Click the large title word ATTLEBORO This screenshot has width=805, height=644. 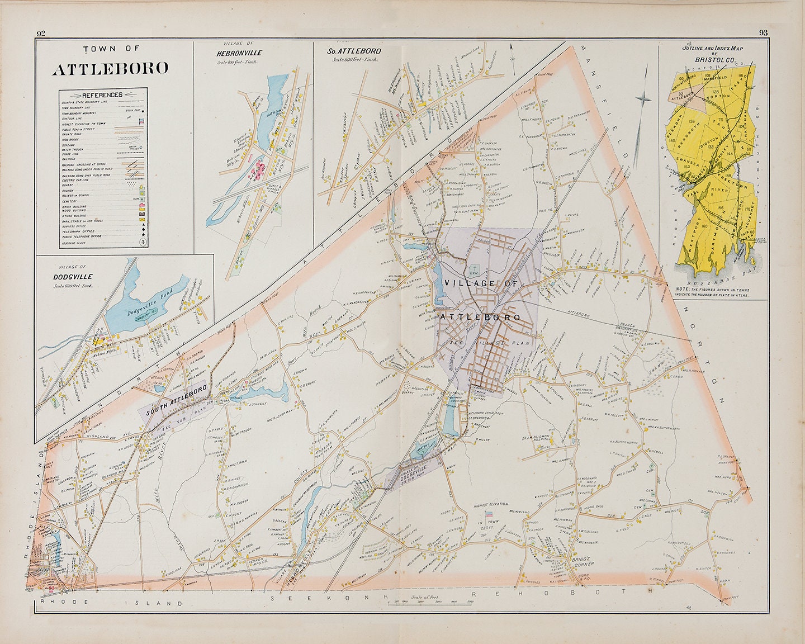coord(110,69)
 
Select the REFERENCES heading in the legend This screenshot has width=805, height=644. coord(102,94)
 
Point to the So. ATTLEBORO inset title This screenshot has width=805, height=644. coord(354,51)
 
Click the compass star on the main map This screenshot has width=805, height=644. coord(643,100)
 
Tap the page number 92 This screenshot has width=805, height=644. coord(40,33)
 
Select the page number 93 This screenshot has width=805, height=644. coord(763,33)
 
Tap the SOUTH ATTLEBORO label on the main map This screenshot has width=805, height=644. coord(176,400)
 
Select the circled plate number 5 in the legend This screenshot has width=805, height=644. coord(143,242)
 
